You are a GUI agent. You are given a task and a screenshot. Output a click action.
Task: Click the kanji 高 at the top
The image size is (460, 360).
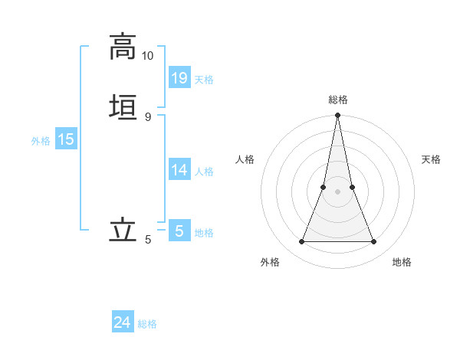click(123, 46)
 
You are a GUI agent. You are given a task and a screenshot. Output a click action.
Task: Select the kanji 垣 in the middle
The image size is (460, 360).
click(123, 107)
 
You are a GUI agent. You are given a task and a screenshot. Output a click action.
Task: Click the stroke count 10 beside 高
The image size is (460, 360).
click(147, 56)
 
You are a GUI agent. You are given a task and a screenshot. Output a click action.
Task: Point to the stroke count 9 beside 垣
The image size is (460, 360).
click(147, 116)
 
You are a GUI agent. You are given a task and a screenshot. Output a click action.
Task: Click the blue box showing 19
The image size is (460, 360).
click(179, 77)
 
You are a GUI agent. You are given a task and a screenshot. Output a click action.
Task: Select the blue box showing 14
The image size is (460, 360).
click(179, 170)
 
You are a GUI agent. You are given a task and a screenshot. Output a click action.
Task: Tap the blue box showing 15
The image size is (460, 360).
click(66, 139)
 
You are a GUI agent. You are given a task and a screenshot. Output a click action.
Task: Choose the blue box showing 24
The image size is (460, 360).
click(123, 322)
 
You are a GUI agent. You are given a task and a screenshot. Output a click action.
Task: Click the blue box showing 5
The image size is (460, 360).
click(179, 231)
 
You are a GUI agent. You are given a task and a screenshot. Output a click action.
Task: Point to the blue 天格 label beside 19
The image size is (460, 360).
click(204, 80)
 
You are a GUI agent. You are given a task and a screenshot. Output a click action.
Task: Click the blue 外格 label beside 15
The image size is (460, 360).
click(41, 141)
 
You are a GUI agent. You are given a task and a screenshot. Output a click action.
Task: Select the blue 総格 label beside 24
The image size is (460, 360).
click(147, 324)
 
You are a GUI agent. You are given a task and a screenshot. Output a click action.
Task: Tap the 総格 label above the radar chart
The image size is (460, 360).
click(338, 100)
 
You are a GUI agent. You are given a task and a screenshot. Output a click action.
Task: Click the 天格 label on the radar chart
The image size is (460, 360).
click(432, 159)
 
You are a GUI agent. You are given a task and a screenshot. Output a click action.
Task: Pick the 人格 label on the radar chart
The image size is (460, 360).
click(245, 159)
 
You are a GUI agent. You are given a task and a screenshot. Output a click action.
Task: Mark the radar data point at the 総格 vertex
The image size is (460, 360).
click(337, 116)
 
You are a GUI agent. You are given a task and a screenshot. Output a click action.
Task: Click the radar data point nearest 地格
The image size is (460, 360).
click(374, 242)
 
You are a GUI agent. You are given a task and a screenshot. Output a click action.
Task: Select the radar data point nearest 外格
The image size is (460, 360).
click(301, 242)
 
